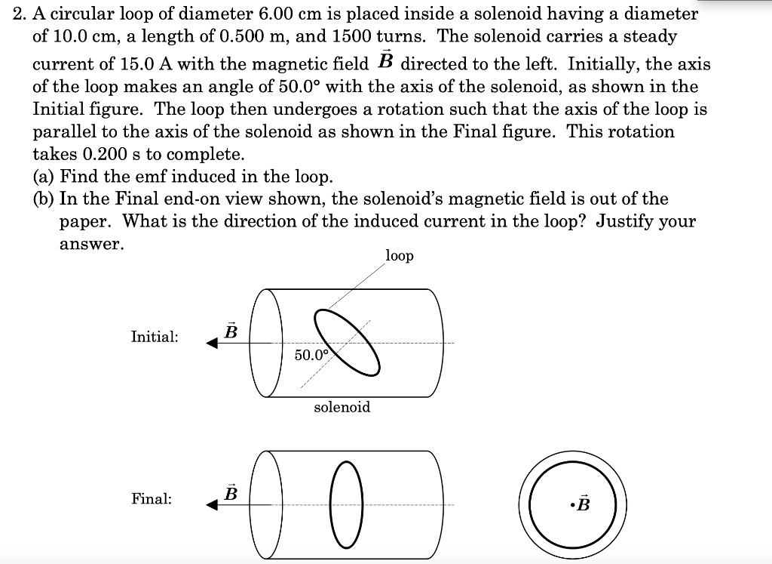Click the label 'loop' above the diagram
coord(399,256)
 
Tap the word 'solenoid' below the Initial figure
coord(342,407)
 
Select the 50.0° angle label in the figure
coord(311,355)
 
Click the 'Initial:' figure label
coord(155,337)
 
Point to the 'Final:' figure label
coord(151,498)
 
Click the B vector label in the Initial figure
coord(231,331)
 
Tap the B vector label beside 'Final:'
coord(231,493)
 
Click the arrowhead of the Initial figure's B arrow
coord(213,344)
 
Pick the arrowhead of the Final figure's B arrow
coord(213,506)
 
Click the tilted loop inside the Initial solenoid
coord(348,341)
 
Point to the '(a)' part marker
coord(44,177)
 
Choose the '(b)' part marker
coord(44,199)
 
